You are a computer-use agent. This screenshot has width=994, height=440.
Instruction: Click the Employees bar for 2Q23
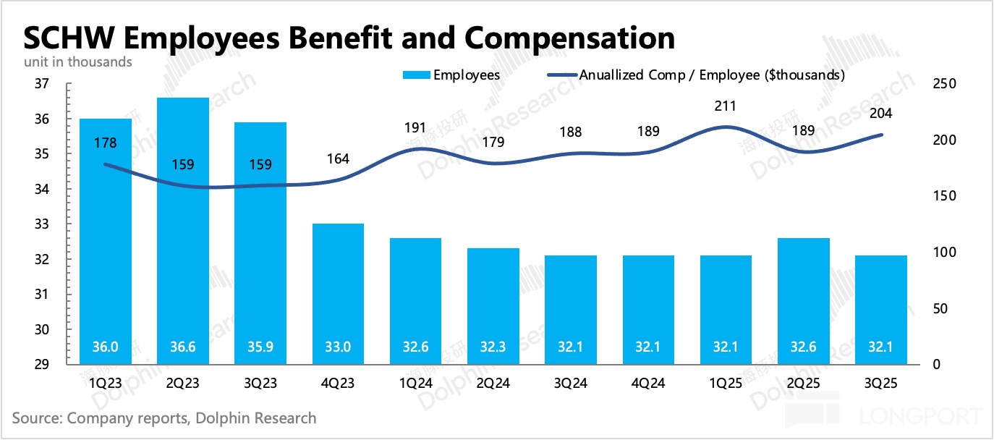183,232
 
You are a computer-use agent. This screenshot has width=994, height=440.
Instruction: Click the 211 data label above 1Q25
725,106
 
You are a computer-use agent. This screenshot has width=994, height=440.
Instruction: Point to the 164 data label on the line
338,158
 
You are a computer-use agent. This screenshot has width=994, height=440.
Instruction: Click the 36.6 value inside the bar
183,347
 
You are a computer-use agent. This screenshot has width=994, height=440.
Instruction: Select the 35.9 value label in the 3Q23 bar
260,347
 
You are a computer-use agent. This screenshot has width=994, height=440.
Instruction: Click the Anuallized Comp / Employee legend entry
712,75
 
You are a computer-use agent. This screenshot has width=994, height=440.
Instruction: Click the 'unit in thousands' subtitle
78,62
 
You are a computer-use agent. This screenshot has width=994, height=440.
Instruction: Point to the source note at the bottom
164,418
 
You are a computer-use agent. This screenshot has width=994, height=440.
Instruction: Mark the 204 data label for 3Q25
880,113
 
